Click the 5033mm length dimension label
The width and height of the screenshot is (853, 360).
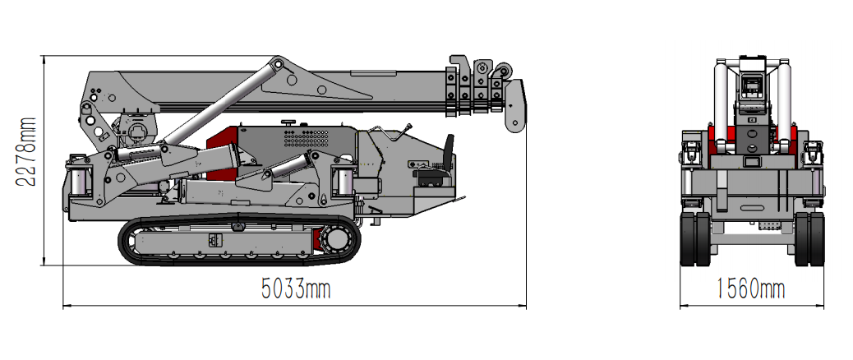(295, 288)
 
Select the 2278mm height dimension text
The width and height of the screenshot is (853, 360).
(25, 152)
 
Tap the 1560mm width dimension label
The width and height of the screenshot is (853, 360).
(751, 288)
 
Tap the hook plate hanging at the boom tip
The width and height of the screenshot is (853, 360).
(514, 106)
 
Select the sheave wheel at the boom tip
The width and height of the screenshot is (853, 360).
(503, 72)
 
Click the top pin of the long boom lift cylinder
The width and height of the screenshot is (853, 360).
(278, 64)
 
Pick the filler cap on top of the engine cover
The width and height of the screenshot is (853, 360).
(288, 122)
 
